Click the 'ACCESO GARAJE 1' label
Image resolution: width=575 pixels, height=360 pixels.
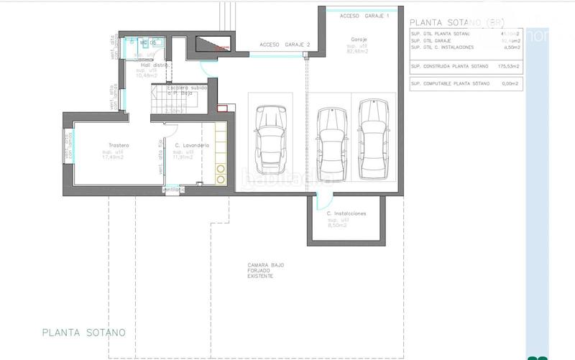364,15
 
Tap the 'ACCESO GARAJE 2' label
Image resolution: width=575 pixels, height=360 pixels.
285,44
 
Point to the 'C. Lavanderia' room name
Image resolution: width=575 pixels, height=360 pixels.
192,146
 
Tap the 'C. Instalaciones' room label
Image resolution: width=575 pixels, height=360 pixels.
346,213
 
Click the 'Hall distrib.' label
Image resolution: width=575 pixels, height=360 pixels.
155,65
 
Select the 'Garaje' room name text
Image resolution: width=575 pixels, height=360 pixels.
359,39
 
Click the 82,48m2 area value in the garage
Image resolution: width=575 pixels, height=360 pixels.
358,51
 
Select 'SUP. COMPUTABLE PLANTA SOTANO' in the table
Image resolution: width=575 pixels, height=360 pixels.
449,84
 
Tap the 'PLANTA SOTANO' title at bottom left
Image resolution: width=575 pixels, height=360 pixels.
84,333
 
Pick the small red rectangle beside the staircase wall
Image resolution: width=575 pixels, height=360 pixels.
223,109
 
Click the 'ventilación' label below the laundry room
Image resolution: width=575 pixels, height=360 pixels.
174,190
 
